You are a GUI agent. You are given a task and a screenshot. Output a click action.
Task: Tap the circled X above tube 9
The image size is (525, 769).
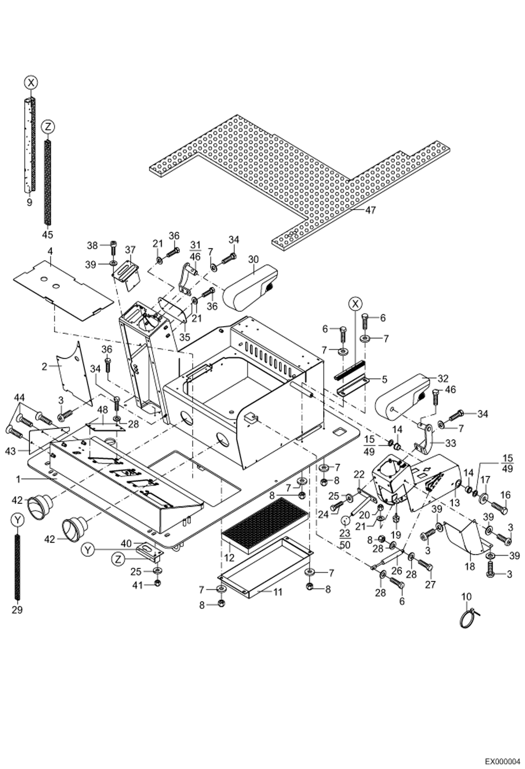tap(31, 83)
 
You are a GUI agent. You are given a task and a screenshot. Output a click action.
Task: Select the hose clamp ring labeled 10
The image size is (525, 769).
tap(468, 621)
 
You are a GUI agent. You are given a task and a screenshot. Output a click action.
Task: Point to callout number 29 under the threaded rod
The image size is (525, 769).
tap(17, 610)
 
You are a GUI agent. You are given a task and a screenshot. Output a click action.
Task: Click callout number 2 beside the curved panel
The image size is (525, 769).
tap(44, 367)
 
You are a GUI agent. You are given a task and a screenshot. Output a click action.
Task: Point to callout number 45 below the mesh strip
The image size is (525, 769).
tap(47, 234)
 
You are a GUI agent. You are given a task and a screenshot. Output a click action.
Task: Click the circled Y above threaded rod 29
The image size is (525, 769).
tap(17, 520)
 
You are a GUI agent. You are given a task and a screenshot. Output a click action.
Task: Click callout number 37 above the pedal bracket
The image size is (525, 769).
tap(130, 250)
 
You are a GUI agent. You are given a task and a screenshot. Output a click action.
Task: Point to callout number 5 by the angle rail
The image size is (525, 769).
tap(384, 379)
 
